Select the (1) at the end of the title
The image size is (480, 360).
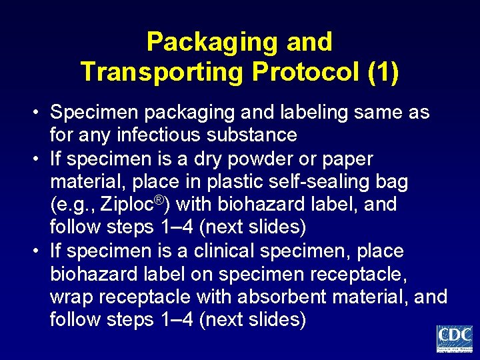[383, 71]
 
